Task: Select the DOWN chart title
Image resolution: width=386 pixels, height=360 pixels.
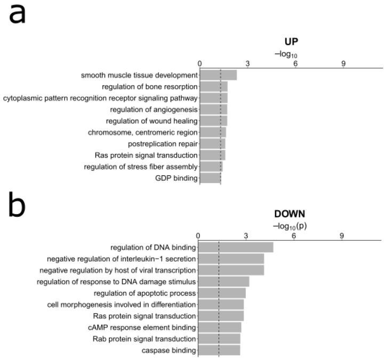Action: [x=289, y=214]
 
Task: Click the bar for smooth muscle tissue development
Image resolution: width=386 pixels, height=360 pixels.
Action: [x=218, y=75]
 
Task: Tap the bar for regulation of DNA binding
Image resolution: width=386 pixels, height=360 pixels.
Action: [x=236, y=247]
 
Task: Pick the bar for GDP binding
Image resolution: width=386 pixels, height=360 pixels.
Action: [x=210, y=178]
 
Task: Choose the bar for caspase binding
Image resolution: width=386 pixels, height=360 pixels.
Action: [x=219, y=350]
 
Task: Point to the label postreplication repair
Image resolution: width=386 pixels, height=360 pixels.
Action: [x=163, y=144]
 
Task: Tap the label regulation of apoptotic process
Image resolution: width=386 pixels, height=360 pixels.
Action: [x=145, y=293]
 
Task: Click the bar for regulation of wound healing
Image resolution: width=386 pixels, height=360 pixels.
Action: [x=213, y=121]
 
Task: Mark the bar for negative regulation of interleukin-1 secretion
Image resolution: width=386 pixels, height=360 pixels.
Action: [x=231, y=259]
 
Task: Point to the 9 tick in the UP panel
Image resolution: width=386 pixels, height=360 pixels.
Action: [x=343, y=64]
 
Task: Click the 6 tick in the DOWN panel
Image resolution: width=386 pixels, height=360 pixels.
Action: [x=294, y=236]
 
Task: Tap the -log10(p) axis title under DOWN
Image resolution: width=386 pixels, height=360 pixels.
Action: [x=289, y=226]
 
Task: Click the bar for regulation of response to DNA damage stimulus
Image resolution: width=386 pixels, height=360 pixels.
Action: [x=223, y=282]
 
